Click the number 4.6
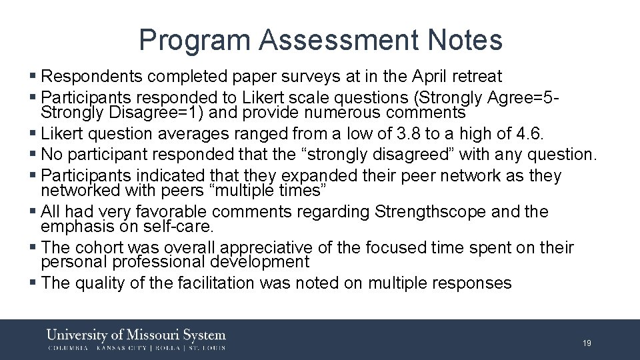(x=530, y=133)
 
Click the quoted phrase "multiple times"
(x=261, y=191)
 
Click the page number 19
(x=587, y=343)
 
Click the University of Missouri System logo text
(x=137, y=335)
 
